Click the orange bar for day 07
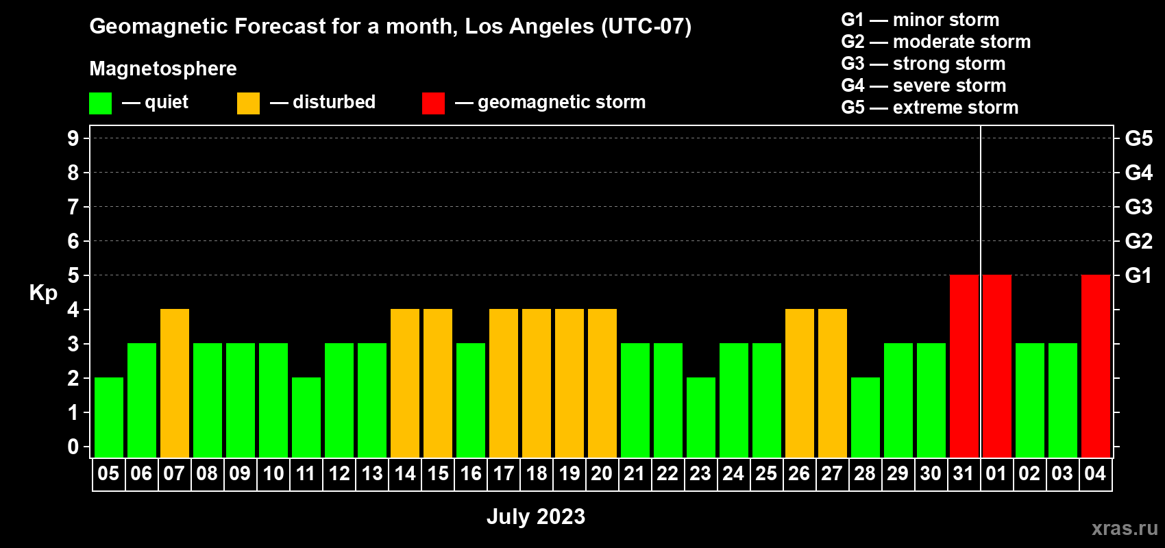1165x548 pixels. (x=175, y=383)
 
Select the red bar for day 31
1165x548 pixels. (x=964, y=366)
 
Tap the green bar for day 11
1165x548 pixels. (x=306, y=417)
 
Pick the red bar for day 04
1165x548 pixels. (x=1096, y=366)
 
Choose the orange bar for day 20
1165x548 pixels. (x=602, y=383)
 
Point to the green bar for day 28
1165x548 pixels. (x=866, y=417)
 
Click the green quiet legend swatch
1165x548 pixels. (x=100, y=103)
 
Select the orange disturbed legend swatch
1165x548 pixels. (x=248, y=103)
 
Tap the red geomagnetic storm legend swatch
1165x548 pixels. (x=433, y=103)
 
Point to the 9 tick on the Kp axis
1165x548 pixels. (x=73, y=138)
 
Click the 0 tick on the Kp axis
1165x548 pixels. (x=73, y=447)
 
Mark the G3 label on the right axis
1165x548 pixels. (x=1139, y=207)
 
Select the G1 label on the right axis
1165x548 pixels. (x=1139, y=275)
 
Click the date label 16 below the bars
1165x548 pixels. (x=471, y=473)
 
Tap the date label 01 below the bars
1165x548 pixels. (x=996, y=473)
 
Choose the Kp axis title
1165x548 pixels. (x=43, y=293)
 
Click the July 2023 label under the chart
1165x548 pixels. (x=536, y=516)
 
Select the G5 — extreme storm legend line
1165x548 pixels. (x=929, y=108)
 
